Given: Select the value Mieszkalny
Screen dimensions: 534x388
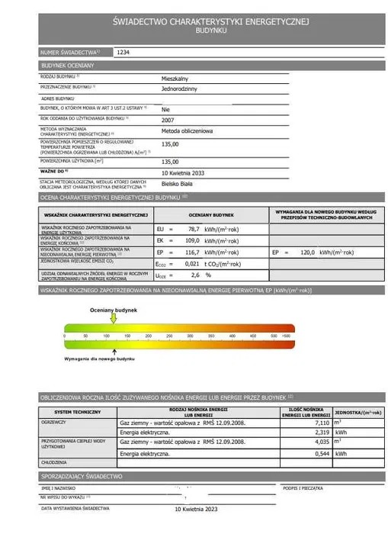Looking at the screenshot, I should pos(176,79).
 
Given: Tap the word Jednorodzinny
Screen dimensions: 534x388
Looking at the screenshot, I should pos(180,89).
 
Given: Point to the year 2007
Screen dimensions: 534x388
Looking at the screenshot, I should pos(168,121).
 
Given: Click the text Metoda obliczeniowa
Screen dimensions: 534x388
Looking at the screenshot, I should pos(188,132).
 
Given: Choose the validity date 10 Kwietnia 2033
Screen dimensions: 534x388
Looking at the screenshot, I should pos(187,173).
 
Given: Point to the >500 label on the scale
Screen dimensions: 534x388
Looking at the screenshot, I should pos(287,336).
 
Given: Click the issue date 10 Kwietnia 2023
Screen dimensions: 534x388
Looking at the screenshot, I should pos(196,509).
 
